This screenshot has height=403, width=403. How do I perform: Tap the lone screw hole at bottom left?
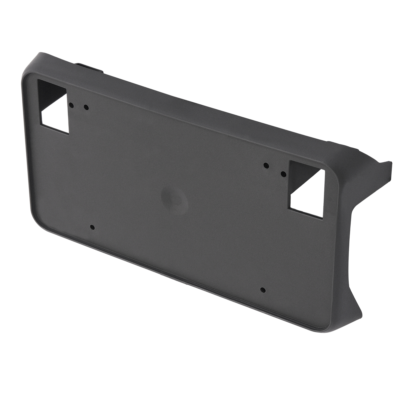point(92,227)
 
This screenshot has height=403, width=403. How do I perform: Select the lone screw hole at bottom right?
point(263,290)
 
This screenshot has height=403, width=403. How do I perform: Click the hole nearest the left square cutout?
point(71,105)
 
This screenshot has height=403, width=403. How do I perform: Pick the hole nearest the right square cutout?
point(283,174)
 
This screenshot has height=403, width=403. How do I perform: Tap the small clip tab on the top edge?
point(91,67)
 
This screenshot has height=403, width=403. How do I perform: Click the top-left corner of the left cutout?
point(38,81)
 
